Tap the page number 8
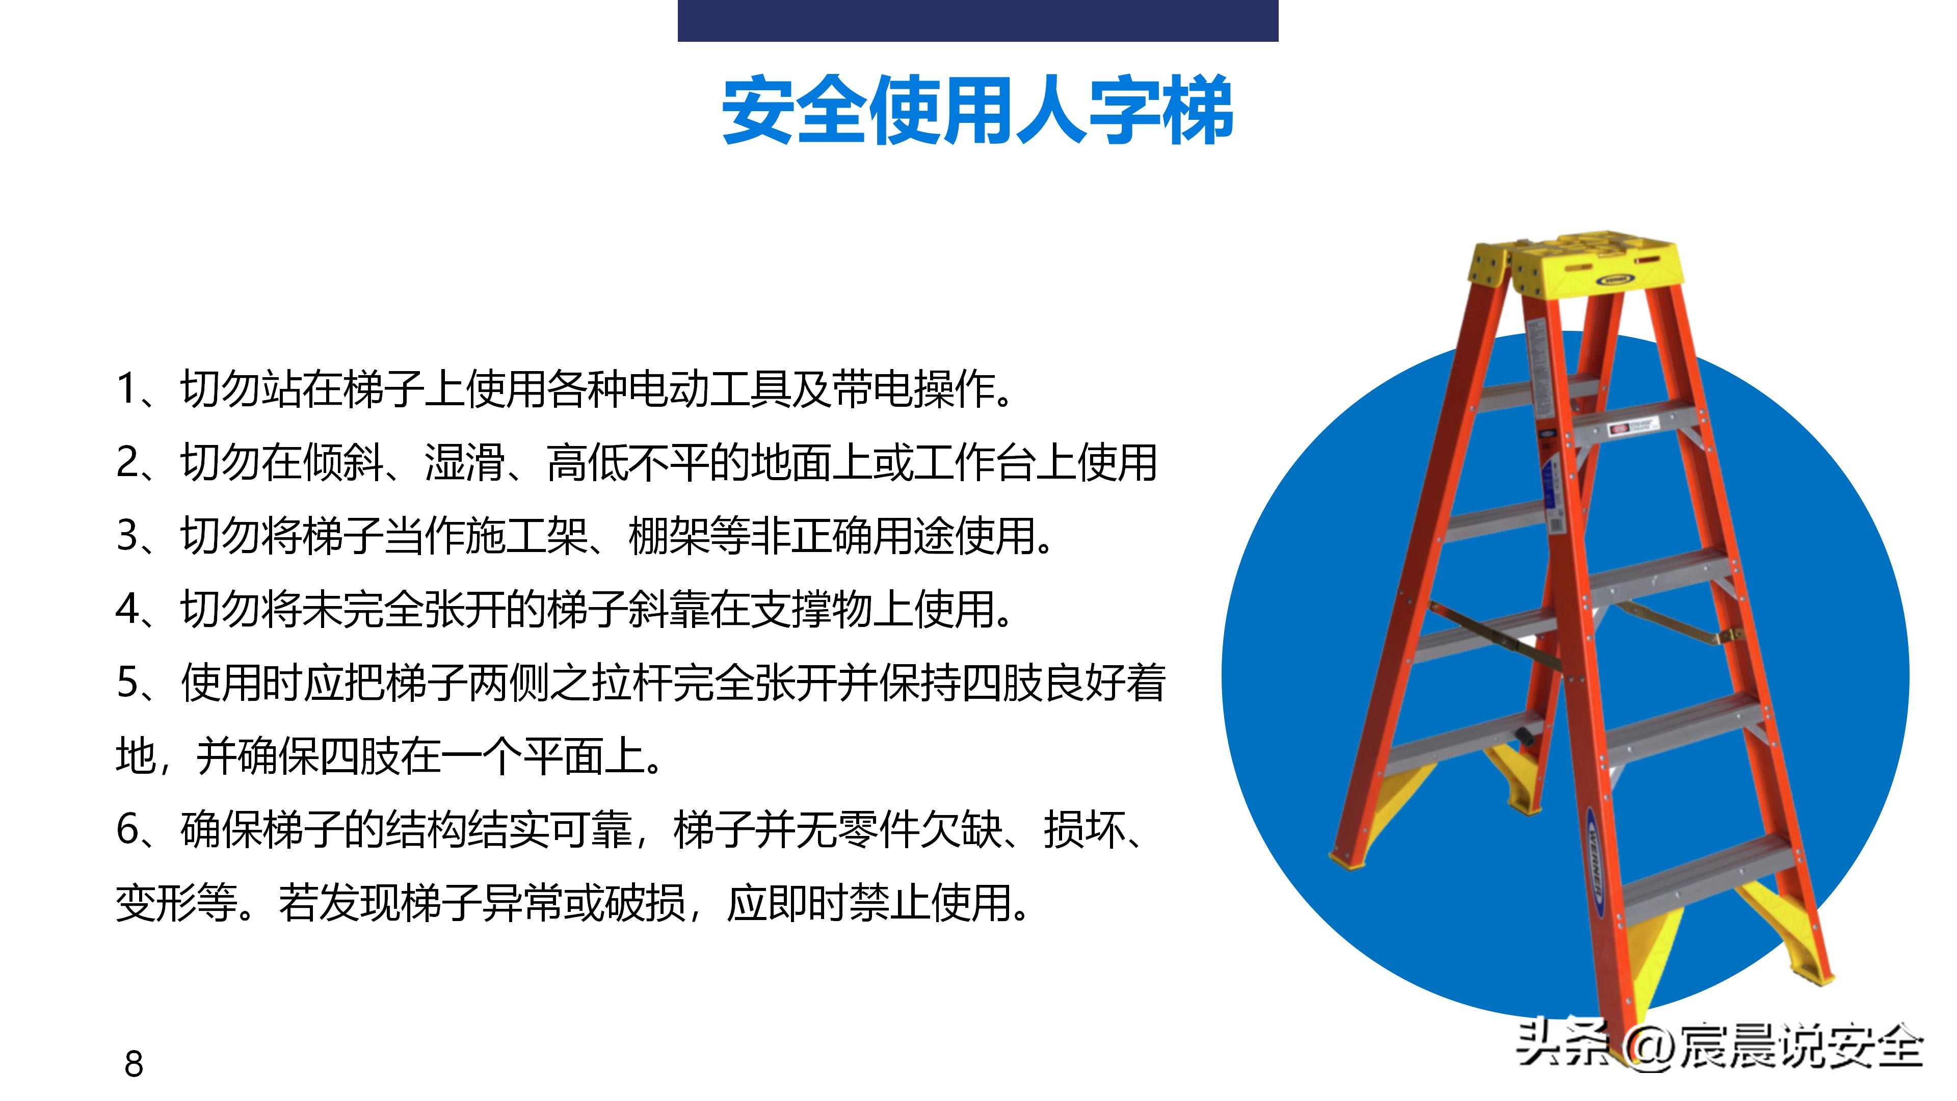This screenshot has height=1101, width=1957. point(134,1064)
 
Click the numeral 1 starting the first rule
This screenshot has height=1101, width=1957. point(126,389)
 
